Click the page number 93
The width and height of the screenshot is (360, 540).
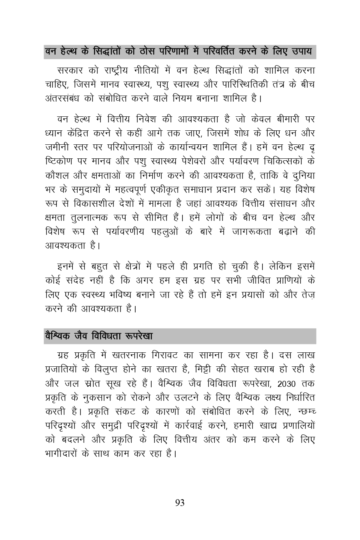[180, 503]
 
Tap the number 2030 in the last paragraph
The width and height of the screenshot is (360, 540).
[287, 384]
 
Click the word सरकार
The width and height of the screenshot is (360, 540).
[70, 71]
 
